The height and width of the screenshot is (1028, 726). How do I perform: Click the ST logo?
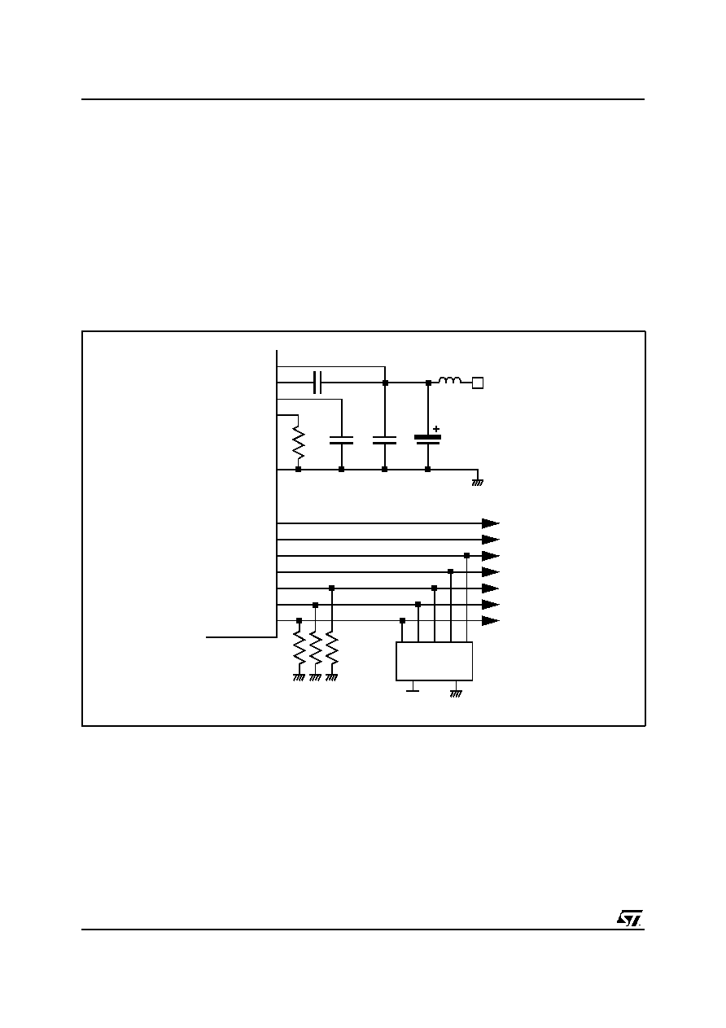[629, 918]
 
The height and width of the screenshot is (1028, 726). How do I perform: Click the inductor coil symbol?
[450, 380]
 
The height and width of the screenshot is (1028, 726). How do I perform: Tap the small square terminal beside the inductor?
[478, 383]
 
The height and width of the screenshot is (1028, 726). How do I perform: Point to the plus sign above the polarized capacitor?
[436, 429]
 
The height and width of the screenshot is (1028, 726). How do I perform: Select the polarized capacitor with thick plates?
[428, 440]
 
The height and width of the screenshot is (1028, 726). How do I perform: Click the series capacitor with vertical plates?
[317, 383]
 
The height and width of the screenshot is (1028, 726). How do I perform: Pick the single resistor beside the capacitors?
[298, 443]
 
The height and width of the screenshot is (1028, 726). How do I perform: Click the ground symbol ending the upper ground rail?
[478, 483]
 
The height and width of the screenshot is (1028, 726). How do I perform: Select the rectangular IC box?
[434, 661]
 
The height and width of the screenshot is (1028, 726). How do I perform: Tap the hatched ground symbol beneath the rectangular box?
[456, 694]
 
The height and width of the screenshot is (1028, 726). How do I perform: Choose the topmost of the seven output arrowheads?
[491, 523]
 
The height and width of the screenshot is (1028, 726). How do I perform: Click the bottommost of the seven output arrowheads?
[491, 621]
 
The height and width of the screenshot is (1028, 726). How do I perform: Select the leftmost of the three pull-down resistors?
[300, 648]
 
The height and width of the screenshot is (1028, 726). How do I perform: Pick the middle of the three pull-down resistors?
[315, 648]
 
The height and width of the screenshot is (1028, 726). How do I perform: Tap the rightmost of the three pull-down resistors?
[332, 648]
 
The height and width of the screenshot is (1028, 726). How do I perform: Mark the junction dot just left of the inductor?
[428, 383]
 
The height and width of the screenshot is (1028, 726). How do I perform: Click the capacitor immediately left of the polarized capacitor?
[385, 440]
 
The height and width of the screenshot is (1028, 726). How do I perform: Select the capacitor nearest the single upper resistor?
[341, 440]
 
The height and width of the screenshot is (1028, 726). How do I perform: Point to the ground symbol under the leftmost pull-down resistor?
[299, 678]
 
